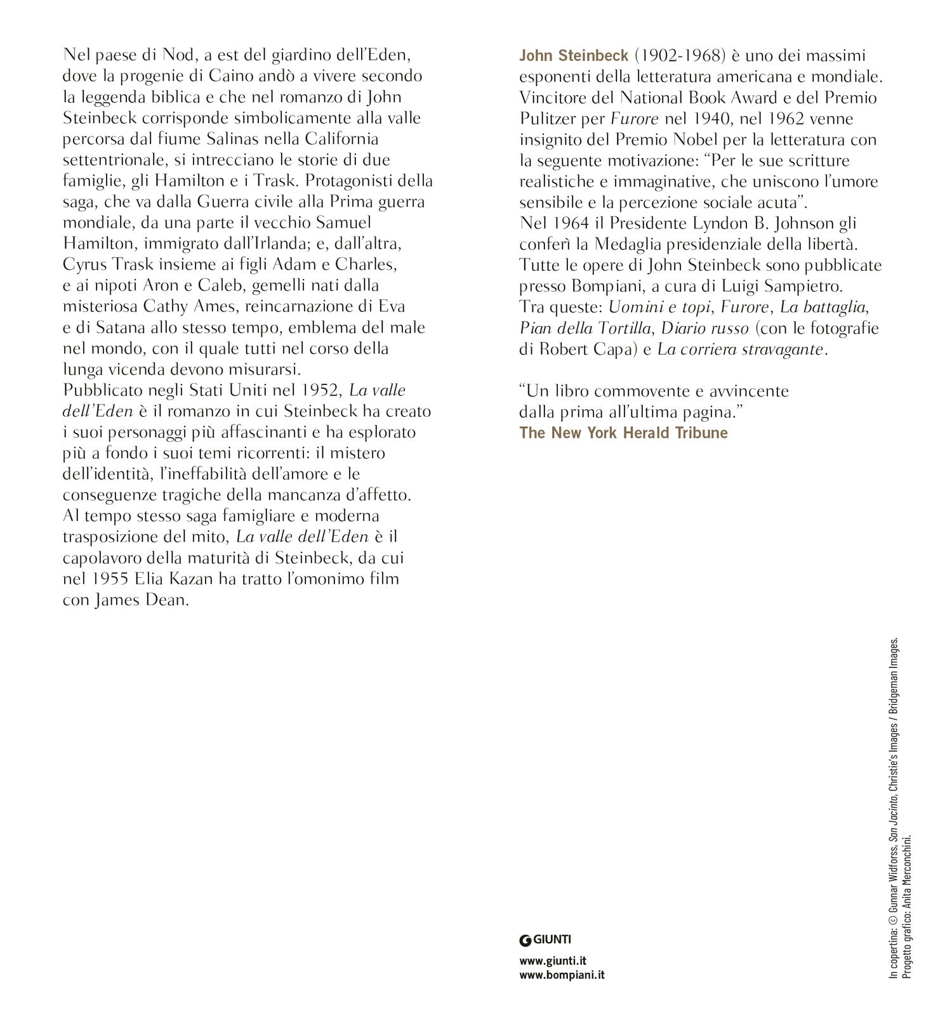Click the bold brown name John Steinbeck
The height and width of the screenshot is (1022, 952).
(x=574, y=56)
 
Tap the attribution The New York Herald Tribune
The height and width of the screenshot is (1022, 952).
(x=623, y=433)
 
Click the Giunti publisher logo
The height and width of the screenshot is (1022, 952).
(x=545, y=940)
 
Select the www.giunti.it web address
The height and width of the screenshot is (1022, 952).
(x=552, y=961)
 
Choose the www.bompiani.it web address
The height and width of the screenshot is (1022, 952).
(x=562, y=975)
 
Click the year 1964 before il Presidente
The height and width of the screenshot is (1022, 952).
(x=573, y=223)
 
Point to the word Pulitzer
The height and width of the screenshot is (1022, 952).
(x=548, y=119)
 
